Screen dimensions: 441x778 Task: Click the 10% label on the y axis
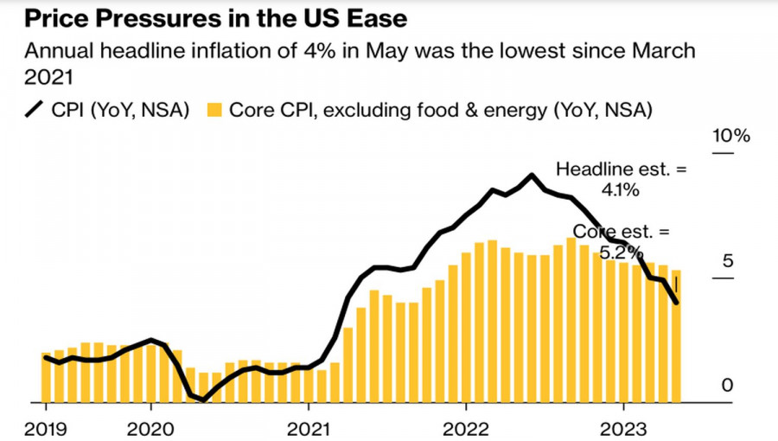(730, 137)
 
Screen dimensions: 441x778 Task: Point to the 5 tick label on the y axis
(727, 261)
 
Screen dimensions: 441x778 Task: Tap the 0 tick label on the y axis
(727, 386)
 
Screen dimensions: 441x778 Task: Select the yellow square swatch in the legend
(214, 111)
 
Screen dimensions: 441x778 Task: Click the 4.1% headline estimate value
(621, 189)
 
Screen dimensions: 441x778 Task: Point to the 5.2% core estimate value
(622, 252)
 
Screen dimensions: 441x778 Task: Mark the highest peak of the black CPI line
(531, 175)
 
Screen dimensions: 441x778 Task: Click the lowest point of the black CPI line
(203, 399)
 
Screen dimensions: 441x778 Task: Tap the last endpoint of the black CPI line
(676, 303)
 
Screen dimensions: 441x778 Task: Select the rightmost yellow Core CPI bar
(676, 336)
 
